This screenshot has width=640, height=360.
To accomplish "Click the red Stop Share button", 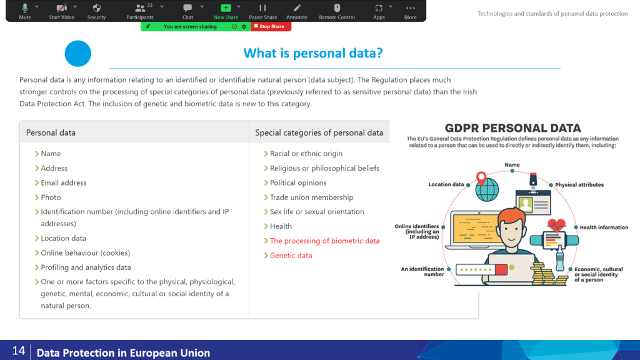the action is tap(271, 26).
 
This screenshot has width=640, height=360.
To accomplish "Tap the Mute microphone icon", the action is tap(25, 7).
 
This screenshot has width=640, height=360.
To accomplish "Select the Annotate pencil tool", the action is tap(297, 7).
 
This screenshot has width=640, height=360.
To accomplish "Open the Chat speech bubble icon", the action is tap(187, 7).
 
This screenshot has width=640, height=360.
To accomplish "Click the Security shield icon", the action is tap(96, 7).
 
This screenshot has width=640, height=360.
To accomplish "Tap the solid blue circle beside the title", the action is tap(78, 54).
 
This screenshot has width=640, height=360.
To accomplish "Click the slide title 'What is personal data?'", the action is tap(313, 53).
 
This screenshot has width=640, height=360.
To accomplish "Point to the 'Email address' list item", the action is tap(64, 183).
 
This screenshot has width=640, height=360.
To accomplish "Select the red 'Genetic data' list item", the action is tap(291, 256).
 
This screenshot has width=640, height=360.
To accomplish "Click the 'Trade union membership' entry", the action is tap(311, 197).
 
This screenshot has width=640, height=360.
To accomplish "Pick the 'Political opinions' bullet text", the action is tap(298, 183).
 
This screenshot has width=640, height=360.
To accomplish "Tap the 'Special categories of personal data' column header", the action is tap(319, 132).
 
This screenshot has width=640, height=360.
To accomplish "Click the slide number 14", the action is tap(19, 351).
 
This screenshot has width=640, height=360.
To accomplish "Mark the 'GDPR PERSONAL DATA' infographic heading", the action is tap(512, 128).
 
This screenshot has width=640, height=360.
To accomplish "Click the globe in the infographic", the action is tap(487, 189).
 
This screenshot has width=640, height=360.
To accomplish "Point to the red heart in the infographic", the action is tap(556, 225).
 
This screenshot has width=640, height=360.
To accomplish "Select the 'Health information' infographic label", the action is tap(604, 227).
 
